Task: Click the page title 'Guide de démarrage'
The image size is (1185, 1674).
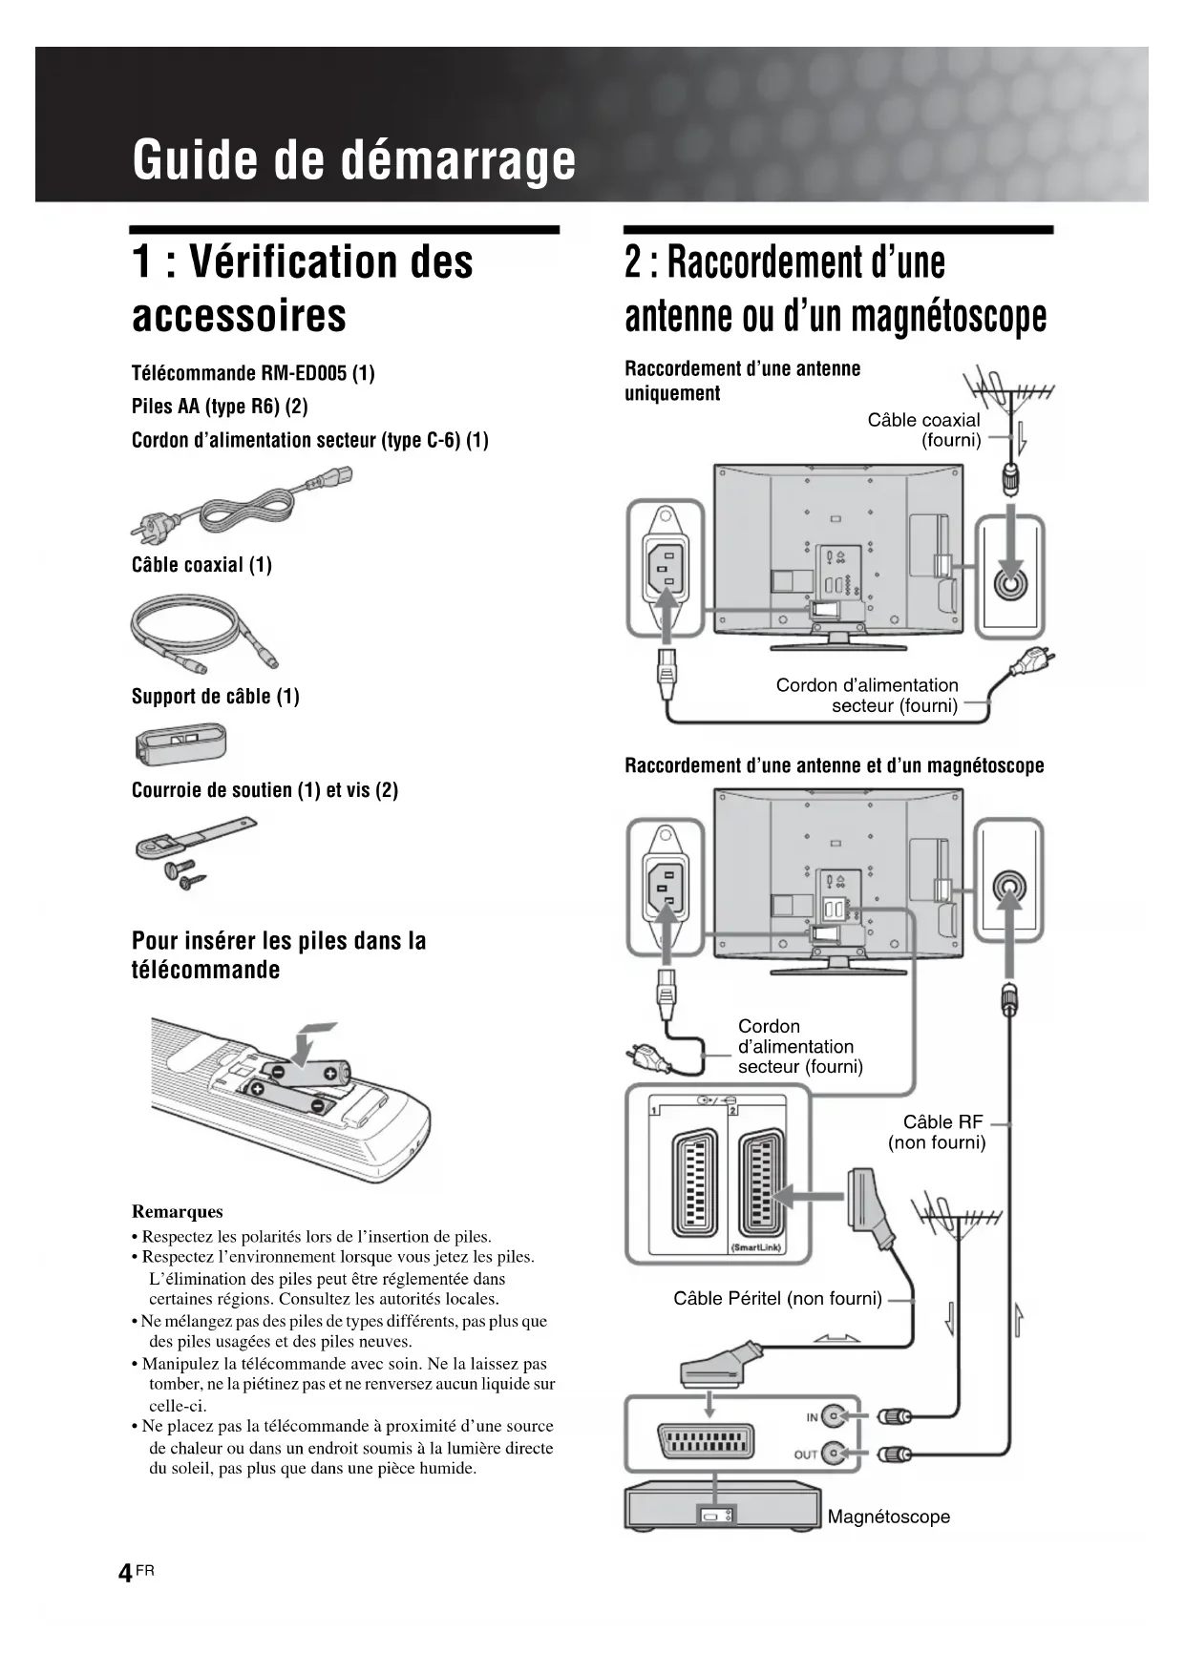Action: [x=354, y=159]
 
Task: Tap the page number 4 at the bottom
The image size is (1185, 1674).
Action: [x=125, y=1573]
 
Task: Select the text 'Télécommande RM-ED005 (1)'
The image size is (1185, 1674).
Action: [x=253, y=373]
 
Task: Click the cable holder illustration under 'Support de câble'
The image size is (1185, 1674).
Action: [x=181, y=743]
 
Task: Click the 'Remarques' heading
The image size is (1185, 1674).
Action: [x=178, y=1211]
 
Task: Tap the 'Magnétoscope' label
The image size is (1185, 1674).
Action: [x=888, y=1517]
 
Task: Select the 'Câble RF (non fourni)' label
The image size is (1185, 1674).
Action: [x=938, y=1132]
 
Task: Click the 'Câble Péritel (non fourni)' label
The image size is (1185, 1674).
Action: [x=777, y=1298]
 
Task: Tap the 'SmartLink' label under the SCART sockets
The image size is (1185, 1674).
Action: [x=756, y=1247]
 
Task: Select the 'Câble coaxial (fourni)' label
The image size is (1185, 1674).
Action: [x=924, y=429]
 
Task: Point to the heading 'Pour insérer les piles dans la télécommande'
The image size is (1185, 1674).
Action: [x=279, y=955]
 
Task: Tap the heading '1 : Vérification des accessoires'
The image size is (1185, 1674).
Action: [x=302, y=288]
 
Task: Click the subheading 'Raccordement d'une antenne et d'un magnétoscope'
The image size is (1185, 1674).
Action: [x=834, y=765]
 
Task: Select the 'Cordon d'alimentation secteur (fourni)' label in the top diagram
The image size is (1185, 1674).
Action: [x=867, y=695]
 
